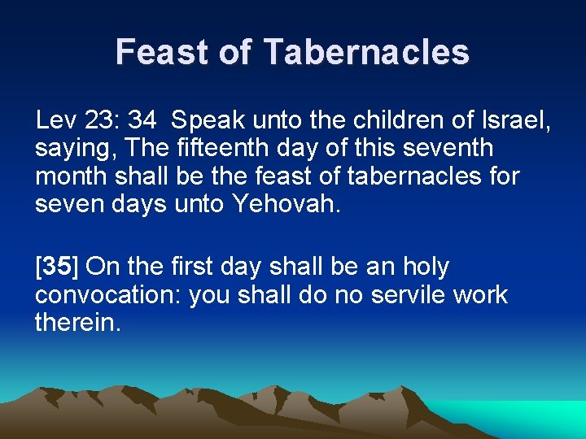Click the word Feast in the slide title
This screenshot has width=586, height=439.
tap(163, 52)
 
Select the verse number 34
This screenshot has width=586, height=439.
tap(142, 122)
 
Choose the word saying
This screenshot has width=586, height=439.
tap(71, 149)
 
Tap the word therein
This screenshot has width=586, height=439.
tap(77, 322)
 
